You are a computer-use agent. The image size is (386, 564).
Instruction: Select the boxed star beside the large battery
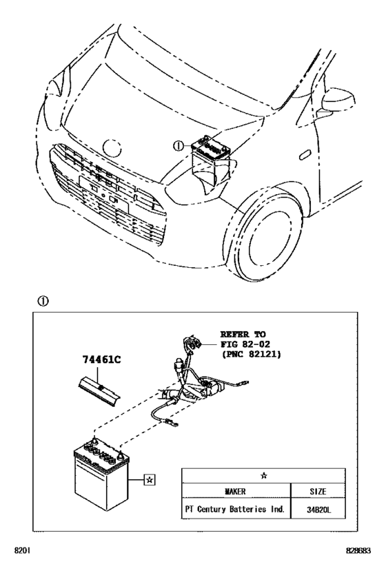(x=150, y=477)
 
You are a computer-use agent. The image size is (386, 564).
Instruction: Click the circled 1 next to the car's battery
(x=178, y=146)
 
